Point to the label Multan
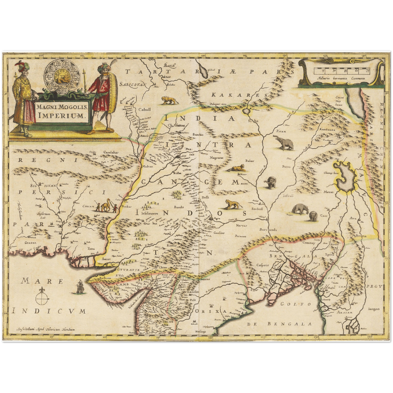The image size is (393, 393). point(147,166)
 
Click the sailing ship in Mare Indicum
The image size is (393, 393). point(80,287)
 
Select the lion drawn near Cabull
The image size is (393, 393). point(169,100)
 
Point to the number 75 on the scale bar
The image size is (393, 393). point(367,71)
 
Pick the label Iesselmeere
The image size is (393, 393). point(149,213)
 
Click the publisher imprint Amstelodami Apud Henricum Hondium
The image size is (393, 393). point(45,329)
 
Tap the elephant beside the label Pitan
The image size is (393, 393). point(284,143)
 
